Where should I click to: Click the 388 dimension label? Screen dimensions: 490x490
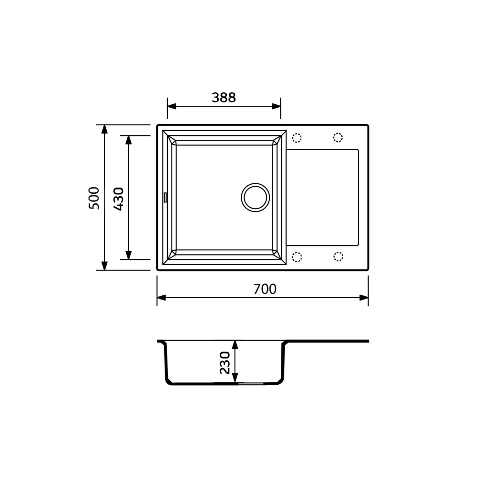click(x=223, y=98)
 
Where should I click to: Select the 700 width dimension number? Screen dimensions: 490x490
click(x=265, y=290)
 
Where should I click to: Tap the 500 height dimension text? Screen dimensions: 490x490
click(x=94, y=198)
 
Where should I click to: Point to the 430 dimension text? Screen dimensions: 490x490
click(x=118, y=198)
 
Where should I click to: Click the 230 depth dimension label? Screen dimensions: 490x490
click(x=225, y=362)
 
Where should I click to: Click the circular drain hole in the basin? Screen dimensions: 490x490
click(x=255, y=197)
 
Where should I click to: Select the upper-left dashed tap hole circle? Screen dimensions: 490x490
click(x=297, y=138)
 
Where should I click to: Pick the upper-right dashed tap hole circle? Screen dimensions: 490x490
click(x=338, y=138)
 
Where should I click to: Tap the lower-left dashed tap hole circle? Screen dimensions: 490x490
click(x=297, y=257)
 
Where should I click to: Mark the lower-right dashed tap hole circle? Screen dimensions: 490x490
click(x=338, y=256)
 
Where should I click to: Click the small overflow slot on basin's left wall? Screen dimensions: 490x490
click(x=165, y=197)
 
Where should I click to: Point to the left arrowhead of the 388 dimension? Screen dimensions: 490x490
click(x=172, y=106)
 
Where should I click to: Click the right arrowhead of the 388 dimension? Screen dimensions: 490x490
click(x=276, y=106)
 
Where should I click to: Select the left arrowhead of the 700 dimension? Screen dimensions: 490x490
click(x=162, y=298)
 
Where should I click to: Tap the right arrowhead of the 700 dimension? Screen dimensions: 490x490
click(x=364, y=298)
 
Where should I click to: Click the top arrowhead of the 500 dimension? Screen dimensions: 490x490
click(x=105, y=129)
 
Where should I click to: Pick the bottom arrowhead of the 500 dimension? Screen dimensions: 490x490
click(x=105, y=266)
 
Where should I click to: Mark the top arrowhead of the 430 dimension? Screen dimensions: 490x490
click(x=128, y=140)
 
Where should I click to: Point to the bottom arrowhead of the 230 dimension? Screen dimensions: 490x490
click(x=235, y=379)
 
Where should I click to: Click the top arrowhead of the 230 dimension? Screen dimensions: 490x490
click(x=235, y=345)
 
